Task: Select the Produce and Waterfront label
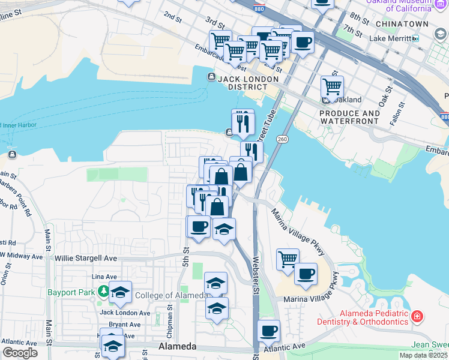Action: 349,117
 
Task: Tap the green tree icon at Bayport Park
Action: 104,292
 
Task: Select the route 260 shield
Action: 282,139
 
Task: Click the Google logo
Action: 19,353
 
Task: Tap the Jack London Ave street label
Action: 125,313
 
